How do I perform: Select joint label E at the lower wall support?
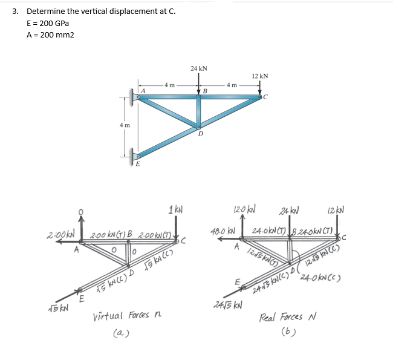point(138,163)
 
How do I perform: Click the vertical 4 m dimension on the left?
point(123,125)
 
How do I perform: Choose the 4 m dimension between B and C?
point(232,85)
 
